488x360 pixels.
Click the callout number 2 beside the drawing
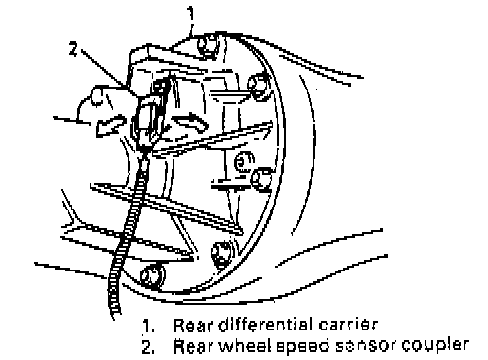tap(74, 49)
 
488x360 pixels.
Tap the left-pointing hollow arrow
tap(110, 125)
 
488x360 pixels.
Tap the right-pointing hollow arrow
tap(191, 122)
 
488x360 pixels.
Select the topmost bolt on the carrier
tap(207, 46)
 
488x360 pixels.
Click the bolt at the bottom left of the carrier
tap(152, 274)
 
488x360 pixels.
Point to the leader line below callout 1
tap(191, 29)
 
